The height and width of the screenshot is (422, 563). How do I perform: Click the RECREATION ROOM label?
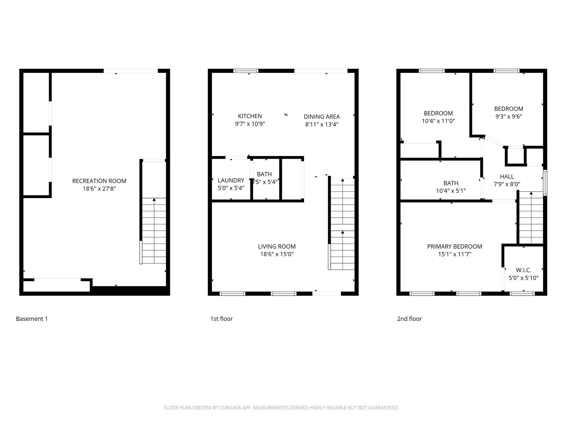(x=99, y=181)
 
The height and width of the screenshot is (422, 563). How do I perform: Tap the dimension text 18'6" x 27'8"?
(x=99, y=189)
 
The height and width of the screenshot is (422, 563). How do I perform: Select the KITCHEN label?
(x=250, y=116)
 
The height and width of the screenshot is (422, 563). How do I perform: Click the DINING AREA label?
(x=322, y=116)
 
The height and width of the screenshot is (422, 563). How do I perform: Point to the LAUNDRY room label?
(x=231, y=180)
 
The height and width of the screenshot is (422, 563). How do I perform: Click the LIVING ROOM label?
(x=277, y=246)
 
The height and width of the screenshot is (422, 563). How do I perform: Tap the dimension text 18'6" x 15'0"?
(x=277, y=254)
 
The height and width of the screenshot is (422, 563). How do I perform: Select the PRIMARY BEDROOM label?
(x=454, y=246)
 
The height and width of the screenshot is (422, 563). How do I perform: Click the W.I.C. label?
(x=523, y=270)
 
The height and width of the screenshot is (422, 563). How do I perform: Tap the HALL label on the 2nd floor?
(x=507, y=176)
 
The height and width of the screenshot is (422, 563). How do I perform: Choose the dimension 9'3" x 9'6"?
(x=509, y=116)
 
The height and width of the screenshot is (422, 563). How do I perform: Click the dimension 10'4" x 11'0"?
(x=438, y=121)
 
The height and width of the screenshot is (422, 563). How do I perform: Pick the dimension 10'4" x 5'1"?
(x=451, y=191)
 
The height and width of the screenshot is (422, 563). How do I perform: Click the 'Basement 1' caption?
(x=32, y=319)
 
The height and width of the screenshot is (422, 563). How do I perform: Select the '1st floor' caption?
(x=221, y=319)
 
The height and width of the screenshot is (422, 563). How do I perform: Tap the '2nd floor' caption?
(x=409, y=319)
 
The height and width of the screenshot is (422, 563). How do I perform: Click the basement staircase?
(x=154, y=231)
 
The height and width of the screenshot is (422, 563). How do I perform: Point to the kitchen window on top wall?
(x=246, y=71)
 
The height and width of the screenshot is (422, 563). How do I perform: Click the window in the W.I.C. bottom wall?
(x=522, y=293)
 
